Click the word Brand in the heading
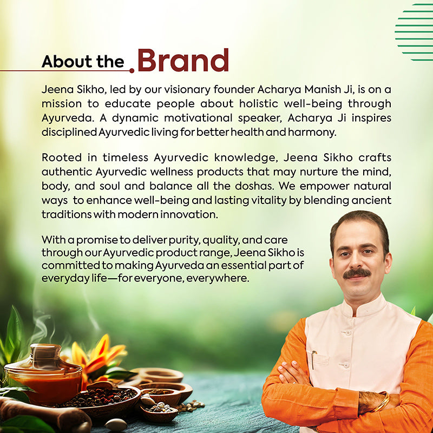click(183, 60)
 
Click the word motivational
click(198, 118)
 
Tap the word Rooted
click(62, 158)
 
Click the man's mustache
click(357, 273)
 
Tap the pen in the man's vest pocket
click(313, 359)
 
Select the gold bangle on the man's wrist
click(382, 402)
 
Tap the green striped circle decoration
click(414, 32)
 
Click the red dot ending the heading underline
click(132, 71)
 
